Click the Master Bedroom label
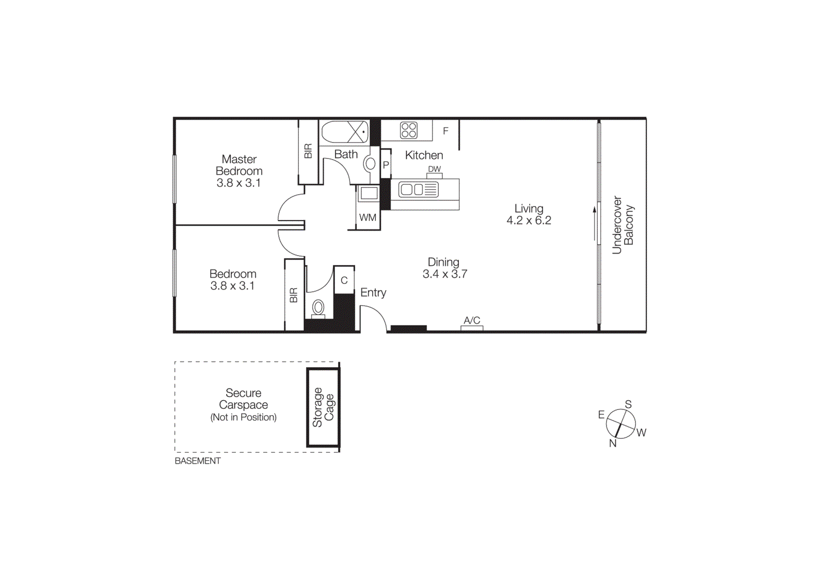point(239,165)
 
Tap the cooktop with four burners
point(408,130)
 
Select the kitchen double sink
point(419,190)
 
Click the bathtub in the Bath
point(344,132)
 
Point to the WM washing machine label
point(368,217)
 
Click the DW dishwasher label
point(434,169)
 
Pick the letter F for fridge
point(446,131)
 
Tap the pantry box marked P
point(386,165)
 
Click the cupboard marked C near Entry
point(344,280)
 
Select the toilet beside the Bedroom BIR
point(318,308)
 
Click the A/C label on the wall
point(472,321)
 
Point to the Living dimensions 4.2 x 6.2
point(529,220)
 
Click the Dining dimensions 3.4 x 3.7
point(444,274)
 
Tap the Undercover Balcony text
point(623,225)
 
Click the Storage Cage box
point(323,407)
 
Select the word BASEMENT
point(197,461)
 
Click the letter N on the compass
point(613,443)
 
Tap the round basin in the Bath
point(370,164)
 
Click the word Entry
point(373,293)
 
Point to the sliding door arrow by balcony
point(594,224)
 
